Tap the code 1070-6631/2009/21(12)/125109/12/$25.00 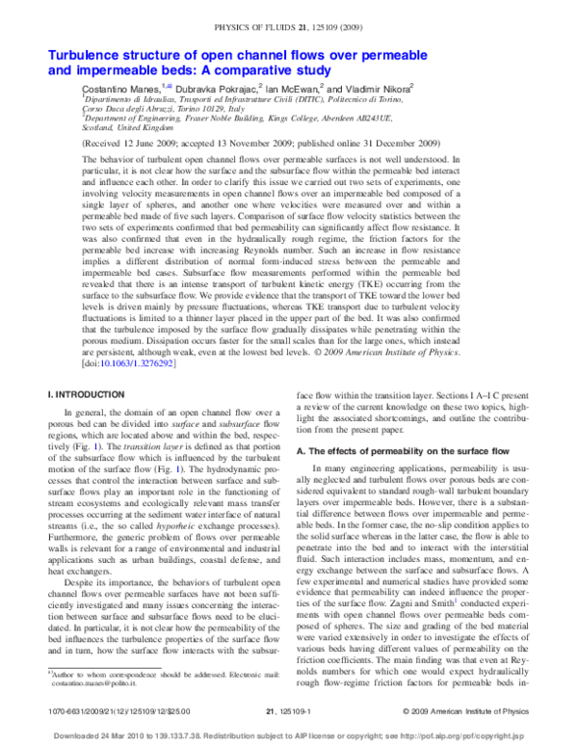(x=115, y=709)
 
